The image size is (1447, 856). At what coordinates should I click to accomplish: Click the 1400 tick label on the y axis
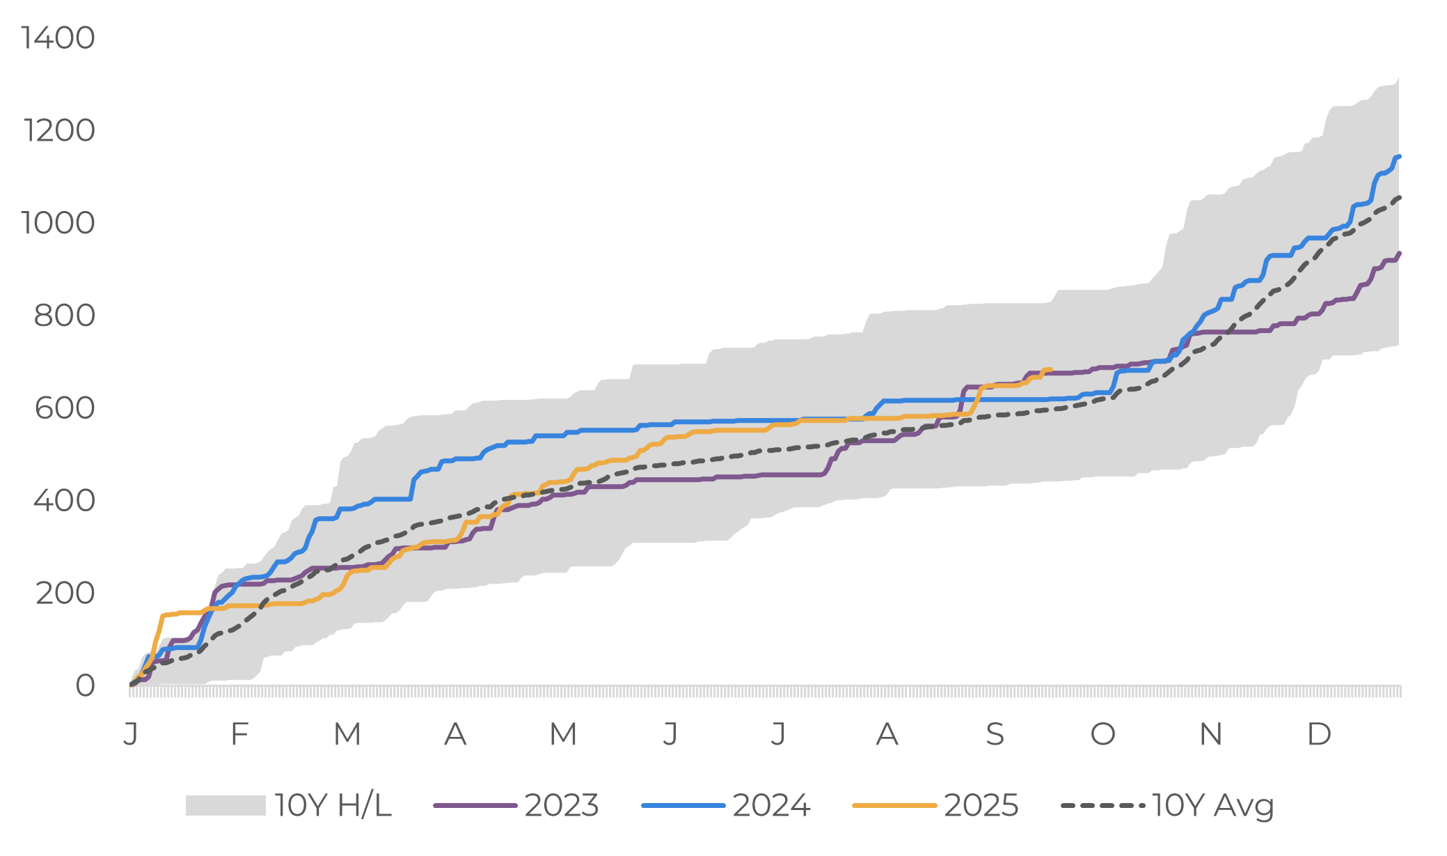pyautogui.click(x=58, y=38)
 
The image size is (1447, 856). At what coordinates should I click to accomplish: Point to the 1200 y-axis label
pyautogui.click(x=60, y=131)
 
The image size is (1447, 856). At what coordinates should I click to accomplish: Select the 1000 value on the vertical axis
pyautogui.click(x=58, y=224)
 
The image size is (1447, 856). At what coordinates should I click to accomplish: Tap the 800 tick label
pyautogui.click(x=65, y=316)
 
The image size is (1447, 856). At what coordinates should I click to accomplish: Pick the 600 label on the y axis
pyautogui.click(x=65, y=409)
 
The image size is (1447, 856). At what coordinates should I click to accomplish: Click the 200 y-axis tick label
pyautogui.click(x=65, y=593)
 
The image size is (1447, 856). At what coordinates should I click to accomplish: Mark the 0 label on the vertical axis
pyautogui.click(x=85, y=686)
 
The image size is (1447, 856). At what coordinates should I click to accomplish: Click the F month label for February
pyautogui.click(x=239, y=734)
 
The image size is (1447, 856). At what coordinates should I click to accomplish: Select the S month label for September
pyautogui.click(x=995, y=734)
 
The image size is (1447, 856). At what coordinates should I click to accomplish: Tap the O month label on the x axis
pyautogui.click(x=1102, y=734)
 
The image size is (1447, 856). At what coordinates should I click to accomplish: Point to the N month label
pyautogui.click(x=1211, y=734)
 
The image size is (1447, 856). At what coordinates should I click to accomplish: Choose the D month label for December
pyautogui.click(x=1319, y=734)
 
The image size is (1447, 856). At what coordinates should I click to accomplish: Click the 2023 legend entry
pyautogui.click(x=561, y=806)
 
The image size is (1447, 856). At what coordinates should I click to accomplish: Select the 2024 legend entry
pyautogui.click(x=770, y=806)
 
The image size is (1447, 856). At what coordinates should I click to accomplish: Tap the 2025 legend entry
pyautogui.click(x=981, y=806)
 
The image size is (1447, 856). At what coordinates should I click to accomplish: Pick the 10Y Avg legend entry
pyautogui.click(x=1212, y=806)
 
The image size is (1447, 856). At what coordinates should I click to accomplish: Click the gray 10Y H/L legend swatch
pyautogui.click(x=226, y=806)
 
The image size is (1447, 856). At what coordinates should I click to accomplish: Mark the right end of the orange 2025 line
pyautogui.click(x=1050, y=370)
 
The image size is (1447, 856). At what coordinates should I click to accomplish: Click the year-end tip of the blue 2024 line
pyautogui.click(x=1399, y=157)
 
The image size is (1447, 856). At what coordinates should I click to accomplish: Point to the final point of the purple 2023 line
pyautogui.click(x=1399, y=254)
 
